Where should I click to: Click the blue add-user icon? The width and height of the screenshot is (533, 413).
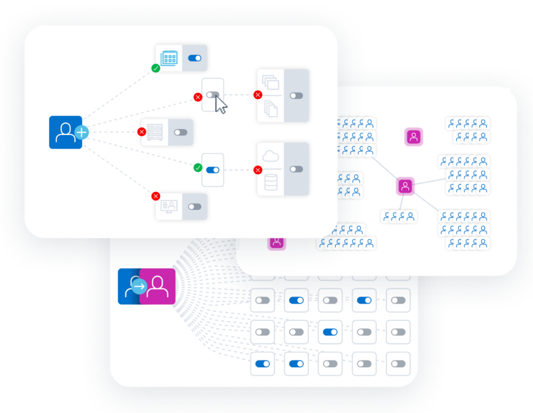click(65, 132)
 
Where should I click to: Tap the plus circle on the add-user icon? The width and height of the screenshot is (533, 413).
click(81, 133)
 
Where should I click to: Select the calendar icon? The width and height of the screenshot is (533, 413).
click(169, 58)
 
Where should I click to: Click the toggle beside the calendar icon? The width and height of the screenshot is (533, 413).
click(195, 58)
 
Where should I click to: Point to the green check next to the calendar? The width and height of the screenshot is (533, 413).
click(156, 68)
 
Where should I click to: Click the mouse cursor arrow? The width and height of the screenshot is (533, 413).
click(221, 105)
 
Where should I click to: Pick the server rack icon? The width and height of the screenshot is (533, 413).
click(155, 132)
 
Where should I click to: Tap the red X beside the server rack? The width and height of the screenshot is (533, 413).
click(142, 132)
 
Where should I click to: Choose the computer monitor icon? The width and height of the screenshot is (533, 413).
click(169, 207)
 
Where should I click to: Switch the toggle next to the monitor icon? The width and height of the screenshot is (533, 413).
click(195, 207)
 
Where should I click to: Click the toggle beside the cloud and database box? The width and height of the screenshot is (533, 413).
click(296, 169)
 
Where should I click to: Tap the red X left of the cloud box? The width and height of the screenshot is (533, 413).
click(258, 169)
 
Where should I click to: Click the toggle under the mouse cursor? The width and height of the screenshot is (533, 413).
click(212, 95)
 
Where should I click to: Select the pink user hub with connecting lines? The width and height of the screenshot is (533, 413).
click(405, 185)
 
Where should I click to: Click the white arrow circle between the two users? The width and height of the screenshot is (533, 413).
click(139, 286)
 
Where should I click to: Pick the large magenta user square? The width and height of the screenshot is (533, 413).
click(158, 286)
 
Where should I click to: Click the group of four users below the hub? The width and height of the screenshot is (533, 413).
click(399, 217)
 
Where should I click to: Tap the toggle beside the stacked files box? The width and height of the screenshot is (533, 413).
click(296, 96)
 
